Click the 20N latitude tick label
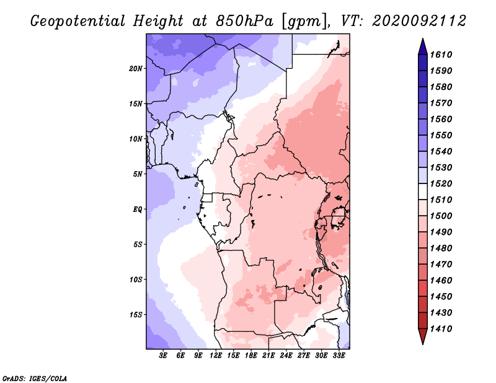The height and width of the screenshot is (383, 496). coord(136,69)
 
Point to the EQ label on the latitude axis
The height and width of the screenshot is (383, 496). coord(138,209)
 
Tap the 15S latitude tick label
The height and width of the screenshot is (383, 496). coord(136,315)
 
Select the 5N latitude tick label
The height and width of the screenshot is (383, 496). coord(138,174)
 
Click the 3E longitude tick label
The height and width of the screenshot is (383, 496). coord(163,356)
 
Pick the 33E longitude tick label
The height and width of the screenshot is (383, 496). coord(339,356)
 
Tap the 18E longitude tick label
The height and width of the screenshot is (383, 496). coord(251,356)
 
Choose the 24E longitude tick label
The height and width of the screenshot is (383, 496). coord(286,356)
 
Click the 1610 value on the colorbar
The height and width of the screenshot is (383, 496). coord(441,55)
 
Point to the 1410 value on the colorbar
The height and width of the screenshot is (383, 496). coord(441,329)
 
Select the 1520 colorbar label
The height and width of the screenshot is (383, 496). coord(441,183)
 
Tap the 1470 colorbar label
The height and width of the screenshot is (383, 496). coord(441,265)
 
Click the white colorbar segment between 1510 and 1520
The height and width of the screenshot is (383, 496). coord(423,191)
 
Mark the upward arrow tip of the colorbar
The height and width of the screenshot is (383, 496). coord(423,38)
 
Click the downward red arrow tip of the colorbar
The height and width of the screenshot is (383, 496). coord(423,345)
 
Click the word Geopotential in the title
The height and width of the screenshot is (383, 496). coord(78,22)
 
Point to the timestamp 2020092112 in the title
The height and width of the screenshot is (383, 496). coord(419,21)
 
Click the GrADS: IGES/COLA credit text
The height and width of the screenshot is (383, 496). coord(35,378)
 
